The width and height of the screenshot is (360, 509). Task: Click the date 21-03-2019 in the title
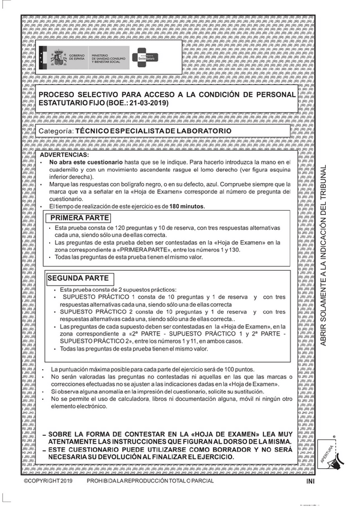(148, 103)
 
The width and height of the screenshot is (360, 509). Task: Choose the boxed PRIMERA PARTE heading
(74, 218)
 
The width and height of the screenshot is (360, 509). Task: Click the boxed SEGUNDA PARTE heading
(78, 278)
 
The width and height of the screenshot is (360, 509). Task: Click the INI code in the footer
(310, 498)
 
